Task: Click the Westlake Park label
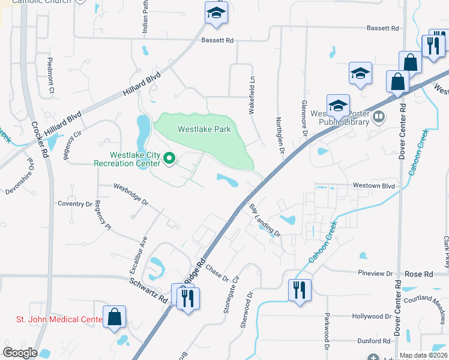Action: click(204, 129)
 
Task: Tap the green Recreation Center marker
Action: click(169, 159)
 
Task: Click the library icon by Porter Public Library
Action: click(379, 116)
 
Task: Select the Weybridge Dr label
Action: click(131, 194)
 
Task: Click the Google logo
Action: click(20, 352)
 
